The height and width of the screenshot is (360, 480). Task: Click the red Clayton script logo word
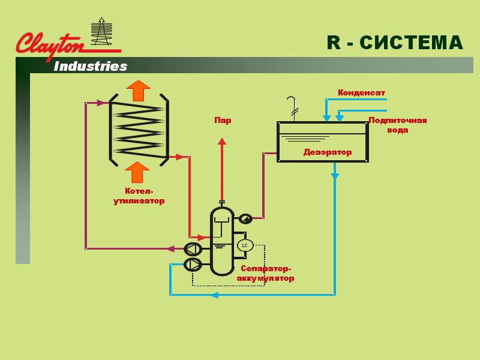pyautogui.click(x=50, y=46)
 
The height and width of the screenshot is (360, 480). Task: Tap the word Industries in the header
pyautogui.click(x=91, y=67)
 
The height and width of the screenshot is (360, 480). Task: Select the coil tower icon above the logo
pyautogui.click(x=101, y=32)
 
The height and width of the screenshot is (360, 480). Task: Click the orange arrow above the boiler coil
pyautogui.click(x=139, y=91)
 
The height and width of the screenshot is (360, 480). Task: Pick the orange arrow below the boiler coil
pyautogui.click(x=137, y=172)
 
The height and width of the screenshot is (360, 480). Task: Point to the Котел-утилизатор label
pyautogui.click(x=139, y=196)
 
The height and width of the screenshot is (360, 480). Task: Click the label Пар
pyautogui.click(x=223, y=120)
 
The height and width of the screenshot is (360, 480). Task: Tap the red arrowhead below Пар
pyautogui.click(x=222, y=142)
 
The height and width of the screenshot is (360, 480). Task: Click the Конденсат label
pyautogui.click(x=361, y=92)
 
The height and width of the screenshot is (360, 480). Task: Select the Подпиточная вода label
pyautogui.click(x=398, y=125)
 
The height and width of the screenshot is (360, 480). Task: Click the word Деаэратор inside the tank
pyautogui.click(x=327, y=152)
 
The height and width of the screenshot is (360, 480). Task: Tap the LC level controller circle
pyautogui.click(x=245, y=245)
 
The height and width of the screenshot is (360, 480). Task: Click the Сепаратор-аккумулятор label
pyautogui.click(x=265, y=274)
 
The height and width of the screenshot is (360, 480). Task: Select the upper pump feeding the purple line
pyautogui.click(x=193, y=249)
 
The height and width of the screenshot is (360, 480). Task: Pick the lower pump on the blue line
pyautogui.click(x=193, y=265)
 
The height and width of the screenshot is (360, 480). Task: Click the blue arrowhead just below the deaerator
pyautogui.click(x=335, y=176)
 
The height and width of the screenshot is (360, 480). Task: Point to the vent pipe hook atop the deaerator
pyautogui.click(x=292, y=109)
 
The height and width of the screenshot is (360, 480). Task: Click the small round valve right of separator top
pyautogui.click(x=245, y=218)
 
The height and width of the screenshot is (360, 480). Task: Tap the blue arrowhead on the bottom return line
pyautogui.click(x=215, y=295)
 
